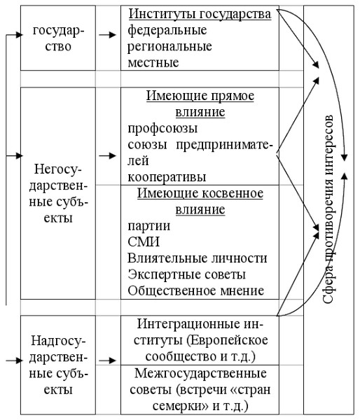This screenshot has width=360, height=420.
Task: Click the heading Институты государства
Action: (200, 14)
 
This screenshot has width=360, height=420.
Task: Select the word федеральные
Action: (167, 30)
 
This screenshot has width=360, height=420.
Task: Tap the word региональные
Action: (169, 46)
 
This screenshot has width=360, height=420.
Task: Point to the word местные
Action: (153, 62)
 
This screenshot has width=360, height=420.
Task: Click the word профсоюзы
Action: (162, 128)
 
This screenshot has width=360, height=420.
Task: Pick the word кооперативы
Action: (167, 177)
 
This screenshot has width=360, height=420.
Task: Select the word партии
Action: (148, 226)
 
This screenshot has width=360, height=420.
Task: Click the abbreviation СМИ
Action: (144, 242)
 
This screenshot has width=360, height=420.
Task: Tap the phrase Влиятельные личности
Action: (197, 258)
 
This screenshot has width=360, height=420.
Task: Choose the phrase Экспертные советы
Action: (186, 274)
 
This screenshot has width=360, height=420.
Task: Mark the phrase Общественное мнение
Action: (195, 290)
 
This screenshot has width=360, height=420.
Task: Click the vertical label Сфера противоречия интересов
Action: (328, 210)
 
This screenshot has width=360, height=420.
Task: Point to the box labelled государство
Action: (58, 38)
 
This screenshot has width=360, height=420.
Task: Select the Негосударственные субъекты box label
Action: (58, 193)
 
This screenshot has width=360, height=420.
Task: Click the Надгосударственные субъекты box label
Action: (58, 365)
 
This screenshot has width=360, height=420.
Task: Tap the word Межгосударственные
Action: (200, 373)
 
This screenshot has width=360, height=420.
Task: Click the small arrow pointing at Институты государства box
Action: (107, 35)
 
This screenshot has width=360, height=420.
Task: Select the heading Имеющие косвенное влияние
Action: (200, 201)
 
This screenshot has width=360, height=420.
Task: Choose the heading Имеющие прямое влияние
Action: (200, 104)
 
